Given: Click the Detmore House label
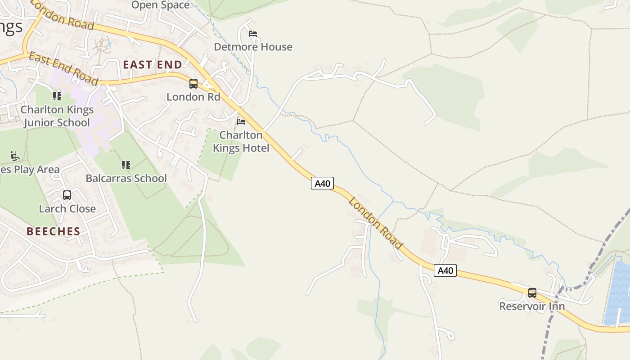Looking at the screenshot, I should tap(253, 47).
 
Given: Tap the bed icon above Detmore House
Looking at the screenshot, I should tap(253, 34).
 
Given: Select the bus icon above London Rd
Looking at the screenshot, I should tap(193, 83).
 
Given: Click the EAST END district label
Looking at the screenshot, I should tap(153, 64).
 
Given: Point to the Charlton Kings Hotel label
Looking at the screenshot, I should tap(241, 141).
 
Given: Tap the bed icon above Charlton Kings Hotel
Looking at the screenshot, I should tap(241, 122).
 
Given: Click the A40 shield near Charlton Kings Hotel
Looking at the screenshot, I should tap(322, 183).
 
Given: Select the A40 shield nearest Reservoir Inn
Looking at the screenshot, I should tap(445, 270).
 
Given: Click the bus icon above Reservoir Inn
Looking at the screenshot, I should tap(532, 293).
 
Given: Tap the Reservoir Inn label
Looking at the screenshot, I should tap(532, 306).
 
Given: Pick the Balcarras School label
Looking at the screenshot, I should tap(126, 178).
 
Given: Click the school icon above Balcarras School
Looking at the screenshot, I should tap(126, 165).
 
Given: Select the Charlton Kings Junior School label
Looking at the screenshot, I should tap(57, 116).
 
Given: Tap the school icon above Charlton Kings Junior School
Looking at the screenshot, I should tap(57, 96).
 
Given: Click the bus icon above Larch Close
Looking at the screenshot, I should tap(67, 195).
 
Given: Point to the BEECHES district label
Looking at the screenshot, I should tap(53, 231).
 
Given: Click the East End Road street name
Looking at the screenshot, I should tap(63, 69).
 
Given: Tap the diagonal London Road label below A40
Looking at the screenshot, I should tap(375, 223).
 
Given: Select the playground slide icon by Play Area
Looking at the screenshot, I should tap(15, 156).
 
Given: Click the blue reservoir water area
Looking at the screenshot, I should tap(617, 292).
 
